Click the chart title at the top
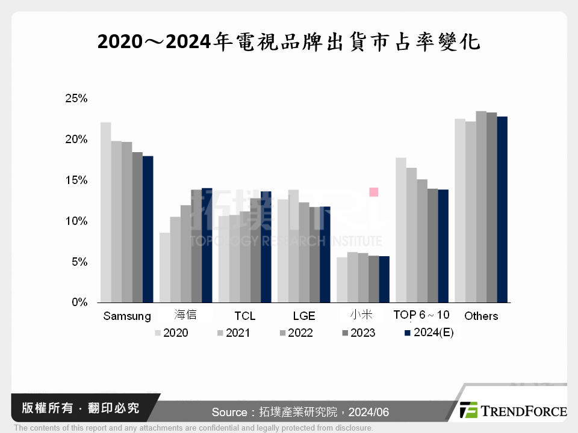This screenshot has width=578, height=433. click(x=289, y=41)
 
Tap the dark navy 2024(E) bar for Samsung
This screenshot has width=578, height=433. click(x=148, y=229)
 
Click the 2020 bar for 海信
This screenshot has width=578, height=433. click(x=164, y=268)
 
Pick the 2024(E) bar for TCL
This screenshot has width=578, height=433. click(x=266, y=247)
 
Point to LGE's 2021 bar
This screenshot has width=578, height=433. click(x=293, y=246)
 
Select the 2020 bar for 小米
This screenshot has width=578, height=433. click(x=341, y=280)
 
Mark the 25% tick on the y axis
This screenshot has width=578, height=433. click(x=76, y=98)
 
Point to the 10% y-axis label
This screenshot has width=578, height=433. click(x=76, y=221)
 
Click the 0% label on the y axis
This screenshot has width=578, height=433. click(x=79, y=302)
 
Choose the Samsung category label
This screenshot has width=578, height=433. click(x=127, y=316)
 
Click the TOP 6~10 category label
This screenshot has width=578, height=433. click(x=421, y=315)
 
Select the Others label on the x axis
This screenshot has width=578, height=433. click(x=481, y=316)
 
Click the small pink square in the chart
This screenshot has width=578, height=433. click(x=373, y=192)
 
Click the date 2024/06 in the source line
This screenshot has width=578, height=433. click(x=371, y=412)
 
